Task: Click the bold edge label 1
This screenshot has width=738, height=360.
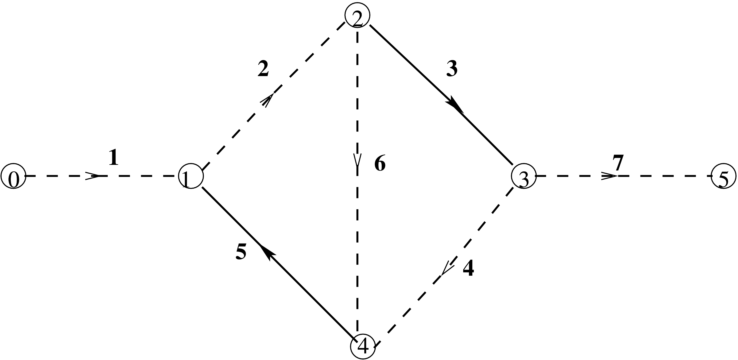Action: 113,158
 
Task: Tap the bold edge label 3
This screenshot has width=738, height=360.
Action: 452,70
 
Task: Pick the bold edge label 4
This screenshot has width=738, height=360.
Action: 468,268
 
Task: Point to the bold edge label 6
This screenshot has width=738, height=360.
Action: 380,164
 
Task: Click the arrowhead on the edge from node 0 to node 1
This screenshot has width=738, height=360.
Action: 93,176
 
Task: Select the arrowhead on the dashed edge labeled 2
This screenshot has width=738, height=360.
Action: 267,99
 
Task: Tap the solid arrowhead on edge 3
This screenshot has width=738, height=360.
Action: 455,107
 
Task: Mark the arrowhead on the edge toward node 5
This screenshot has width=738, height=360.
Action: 610,176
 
